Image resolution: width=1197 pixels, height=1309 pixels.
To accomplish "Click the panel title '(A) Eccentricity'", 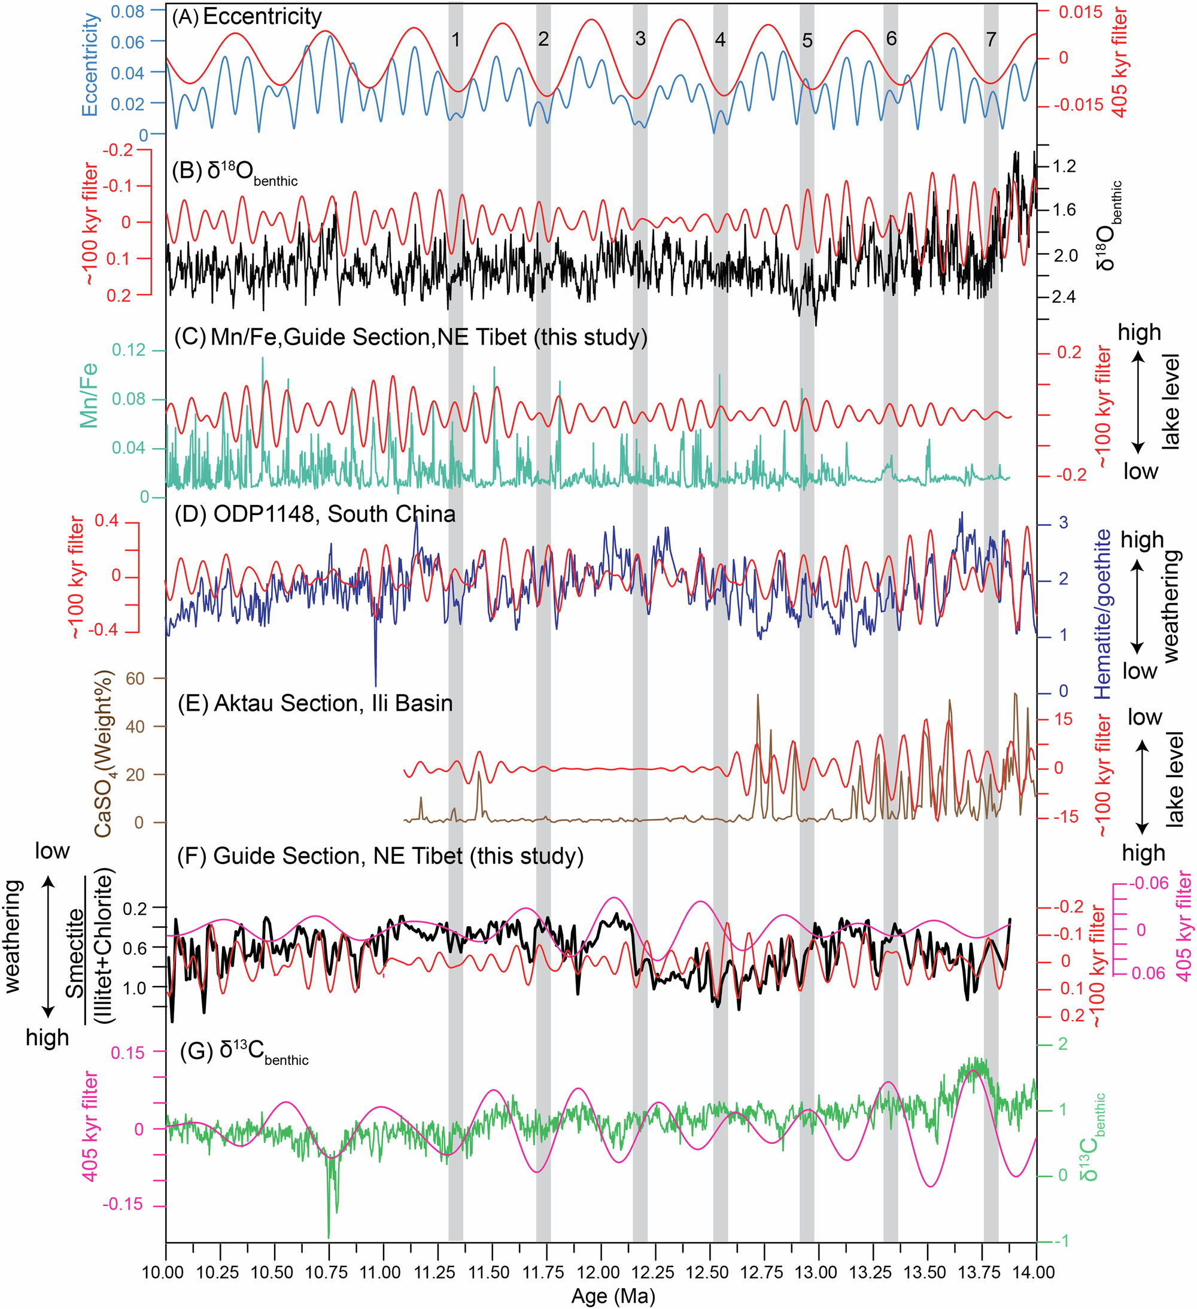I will (247, 17).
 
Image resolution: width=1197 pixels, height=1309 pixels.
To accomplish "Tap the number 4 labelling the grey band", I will (719, 39).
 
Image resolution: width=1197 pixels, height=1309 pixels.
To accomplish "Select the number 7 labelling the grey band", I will (991, 39).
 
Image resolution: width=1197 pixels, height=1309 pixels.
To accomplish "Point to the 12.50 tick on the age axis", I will (710, 1273).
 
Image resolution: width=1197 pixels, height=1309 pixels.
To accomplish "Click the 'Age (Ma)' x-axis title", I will (612, 1296).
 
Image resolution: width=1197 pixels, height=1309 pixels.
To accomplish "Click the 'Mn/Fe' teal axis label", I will (89, 395).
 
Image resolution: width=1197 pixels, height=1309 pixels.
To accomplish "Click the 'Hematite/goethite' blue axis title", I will (1103, 614).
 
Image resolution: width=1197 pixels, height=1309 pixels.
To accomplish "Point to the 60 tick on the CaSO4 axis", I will (135, 678).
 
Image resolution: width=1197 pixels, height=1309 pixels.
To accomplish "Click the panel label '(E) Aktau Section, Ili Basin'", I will (315, 703).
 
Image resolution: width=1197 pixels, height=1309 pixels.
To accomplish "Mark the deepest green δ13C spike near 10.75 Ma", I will (329, 1235).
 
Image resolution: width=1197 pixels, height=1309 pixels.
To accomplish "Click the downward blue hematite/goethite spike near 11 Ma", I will (375, 684).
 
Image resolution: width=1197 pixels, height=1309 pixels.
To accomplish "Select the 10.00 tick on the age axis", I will (166, 1273).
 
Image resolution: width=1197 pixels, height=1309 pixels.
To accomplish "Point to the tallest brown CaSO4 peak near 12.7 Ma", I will (757, 695).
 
